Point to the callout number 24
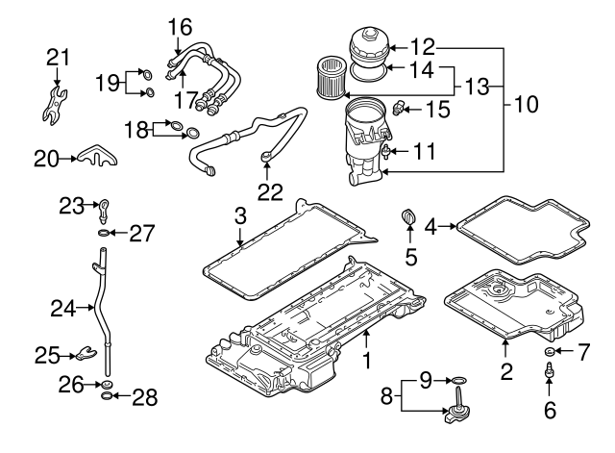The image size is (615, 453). coord(62,308)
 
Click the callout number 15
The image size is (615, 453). coord(437,111)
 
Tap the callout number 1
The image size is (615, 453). coord(366,361)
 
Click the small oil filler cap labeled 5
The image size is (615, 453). coord(410,220)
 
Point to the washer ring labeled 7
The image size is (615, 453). coord(549,352)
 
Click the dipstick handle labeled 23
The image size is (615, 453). coord(104,206)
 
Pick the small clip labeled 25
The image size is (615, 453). coord(87,355)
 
